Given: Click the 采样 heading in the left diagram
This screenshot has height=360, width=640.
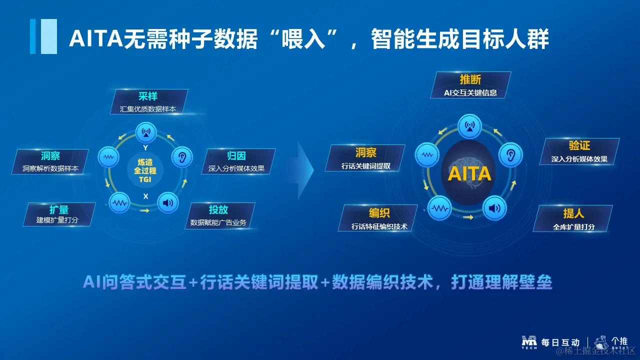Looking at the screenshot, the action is [x=148, y=96].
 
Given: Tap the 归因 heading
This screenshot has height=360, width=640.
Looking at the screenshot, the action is [x=236, y=156].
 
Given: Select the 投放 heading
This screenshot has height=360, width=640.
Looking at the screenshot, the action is [x=218, y=209].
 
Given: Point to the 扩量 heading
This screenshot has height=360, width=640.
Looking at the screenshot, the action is [x=59, y=209].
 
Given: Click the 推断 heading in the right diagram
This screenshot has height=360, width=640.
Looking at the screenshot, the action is [x=470, y=79].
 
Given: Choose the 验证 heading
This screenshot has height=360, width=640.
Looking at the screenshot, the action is [x=579, y=145].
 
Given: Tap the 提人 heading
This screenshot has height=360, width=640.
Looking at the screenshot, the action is [x=573, y=213].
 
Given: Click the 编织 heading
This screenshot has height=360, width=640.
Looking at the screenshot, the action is [x=379, y=213].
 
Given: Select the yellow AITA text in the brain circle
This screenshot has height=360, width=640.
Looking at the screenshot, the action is [x=469, y=173].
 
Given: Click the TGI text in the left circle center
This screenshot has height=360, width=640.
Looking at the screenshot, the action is [x=145, y=179].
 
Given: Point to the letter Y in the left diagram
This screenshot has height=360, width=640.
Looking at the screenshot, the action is [x=145, y=147].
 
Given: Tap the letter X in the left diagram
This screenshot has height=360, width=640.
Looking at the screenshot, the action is [x=145, y=196].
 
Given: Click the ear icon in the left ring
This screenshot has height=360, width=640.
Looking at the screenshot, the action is [x=182, y=157].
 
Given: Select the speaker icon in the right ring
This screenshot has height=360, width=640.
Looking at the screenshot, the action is [x=494, y=208].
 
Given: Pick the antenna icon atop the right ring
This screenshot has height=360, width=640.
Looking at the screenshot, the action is [x=469, y=126].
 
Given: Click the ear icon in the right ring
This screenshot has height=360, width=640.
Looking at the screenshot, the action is [x=510, y=155].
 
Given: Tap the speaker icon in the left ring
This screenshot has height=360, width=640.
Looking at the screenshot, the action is [x=168, y=203].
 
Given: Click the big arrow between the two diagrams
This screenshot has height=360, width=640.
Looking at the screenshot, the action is [x=305, y=170].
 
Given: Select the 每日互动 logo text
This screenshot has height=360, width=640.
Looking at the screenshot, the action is [x=560, y=342].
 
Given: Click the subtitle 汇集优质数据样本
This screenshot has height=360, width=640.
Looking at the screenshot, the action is [x=148, y=109].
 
